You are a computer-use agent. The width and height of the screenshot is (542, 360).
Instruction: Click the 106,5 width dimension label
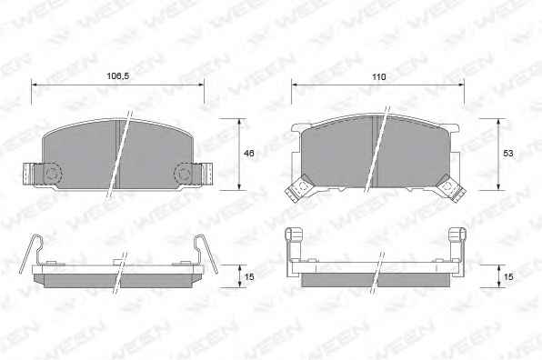(x=118, y=76)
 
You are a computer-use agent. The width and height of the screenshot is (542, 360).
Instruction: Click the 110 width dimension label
(x=379, y=76)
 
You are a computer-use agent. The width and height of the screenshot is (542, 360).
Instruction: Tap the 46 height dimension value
(x=249, y=153)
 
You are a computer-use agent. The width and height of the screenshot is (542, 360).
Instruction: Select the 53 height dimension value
(x=508, y=153)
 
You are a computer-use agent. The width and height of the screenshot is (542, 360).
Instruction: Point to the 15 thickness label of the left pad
(x=249, y=276)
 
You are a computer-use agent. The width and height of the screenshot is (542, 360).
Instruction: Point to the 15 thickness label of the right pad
(x=508, y=276)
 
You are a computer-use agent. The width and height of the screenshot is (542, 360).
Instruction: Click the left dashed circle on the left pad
(x=53, y=173)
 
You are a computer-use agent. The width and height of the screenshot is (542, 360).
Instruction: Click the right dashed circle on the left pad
(x=183, y=173)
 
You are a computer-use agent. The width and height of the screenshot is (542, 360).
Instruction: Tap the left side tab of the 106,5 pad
(x=29, y=174)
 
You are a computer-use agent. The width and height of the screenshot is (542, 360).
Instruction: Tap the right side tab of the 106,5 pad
(x=207, y=174)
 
